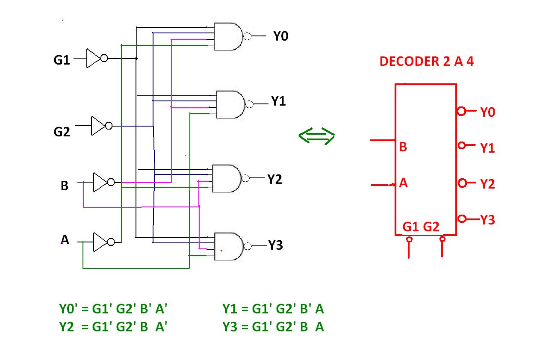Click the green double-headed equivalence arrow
(316, 136)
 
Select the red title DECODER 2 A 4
(426, 62)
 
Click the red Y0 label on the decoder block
(487, 112)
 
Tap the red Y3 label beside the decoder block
(487, 220)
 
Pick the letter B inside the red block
(403, 147)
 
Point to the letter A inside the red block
(403, 183)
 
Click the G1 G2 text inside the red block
(421, 227)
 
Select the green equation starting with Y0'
(115, 309)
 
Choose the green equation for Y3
(273, 327)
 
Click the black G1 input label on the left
(62, 60)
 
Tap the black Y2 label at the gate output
(275, 179)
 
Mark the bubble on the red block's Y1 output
(461, 146)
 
